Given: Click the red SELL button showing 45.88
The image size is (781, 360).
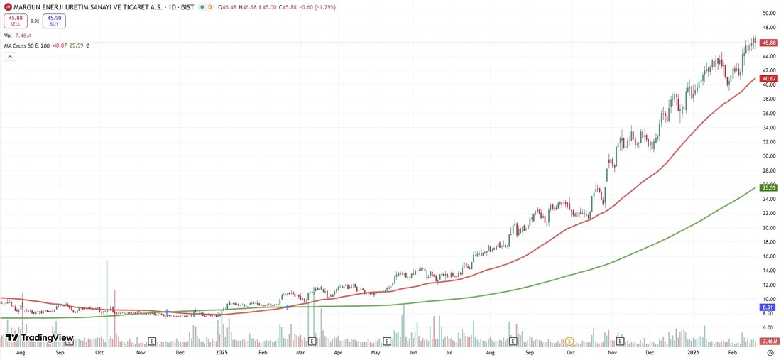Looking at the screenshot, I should pos(16,21).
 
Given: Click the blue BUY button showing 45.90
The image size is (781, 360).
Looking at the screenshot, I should pos(54,21).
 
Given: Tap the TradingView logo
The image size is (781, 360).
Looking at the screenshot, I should pos(40,338).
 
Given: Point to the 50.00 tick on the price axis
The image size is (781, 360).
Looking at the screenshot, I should pos(768,13).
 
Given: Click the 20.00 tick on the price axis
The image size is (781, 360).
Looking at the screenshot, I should pos(768,228).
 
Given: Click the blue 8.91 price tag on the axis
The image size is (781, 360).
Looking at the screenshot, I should pos(767,307).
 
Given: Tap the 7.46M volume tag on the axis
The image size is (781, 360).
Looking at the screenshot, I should pos(770,342).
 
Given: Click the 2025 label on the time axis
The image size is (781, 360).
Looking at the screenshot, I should pos(222,352).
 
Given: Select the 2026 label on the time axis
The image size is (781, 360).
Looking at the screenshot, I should pos(694,352).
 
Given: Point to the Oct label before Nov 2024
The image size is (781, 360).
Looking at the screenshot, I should pos(99,352).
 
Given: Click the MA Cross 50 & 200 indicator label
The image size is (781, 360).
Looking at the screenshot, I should pos(27,45).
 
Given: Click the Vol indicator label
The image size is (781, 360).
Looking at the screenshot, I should pos(8,35).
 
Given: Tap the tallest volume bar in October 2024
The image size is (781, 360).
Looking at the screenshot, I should pos(107,298).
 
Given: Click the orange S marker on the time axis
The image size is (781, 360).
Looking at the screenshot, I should pos(569,342).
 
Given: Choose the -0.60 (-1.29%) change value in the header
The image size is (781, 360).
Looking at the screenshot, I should pos(317,7).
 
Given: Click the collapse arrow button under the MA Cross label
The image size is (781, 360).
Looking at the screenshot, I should pos(10,56).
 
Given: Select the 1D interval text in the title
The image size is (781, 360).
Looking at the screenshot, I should pos(180,7).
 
